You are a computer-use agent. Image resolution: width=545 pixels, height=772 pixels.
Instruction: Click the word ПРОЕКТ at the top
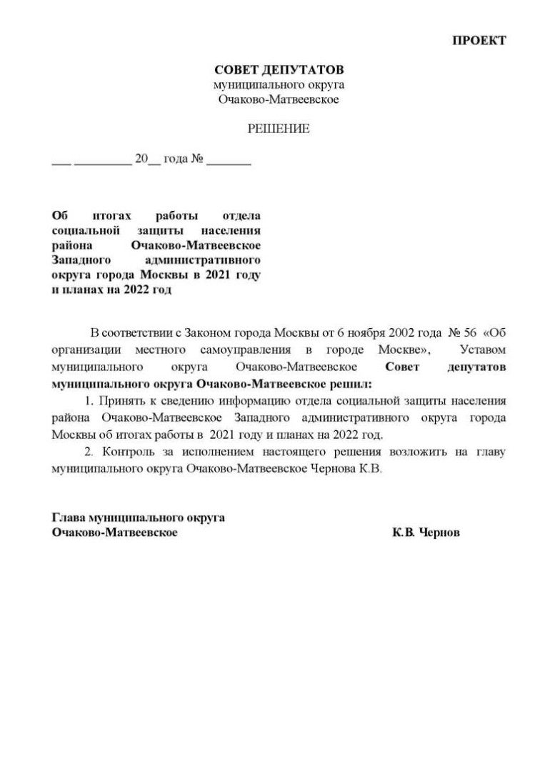pyautogui.click(x=479, y=41)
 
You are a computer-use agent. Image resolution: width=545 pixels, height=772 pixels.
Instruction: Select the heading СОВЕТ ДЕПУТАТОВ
pyautogui.click(x=279, y=70)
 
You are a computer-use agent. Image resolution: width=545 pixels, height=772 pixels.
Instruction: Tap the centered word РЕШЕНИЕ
pyautogui.click(x=279, y=129)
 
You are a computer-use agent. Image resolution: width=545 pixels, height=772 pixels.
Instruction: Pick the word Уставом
pyautogui.click(x=483, y=350)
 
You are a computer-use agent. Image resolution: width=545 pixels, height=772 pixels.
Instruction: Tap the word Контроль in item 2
pyautogui.click(x=128, y=453)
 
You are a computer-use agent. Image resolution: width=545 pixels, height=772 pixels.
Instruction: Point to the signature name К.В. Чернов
pyautogui.click(x=426, y=533)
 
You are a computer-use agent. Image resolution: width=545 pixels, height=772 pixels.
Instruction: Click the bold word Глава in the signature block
pyautogui.click(x=68, y=518)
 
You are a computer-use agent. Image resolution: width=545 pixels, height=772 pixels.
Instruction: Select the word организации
pyautogui.click(x=87, y=350)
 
